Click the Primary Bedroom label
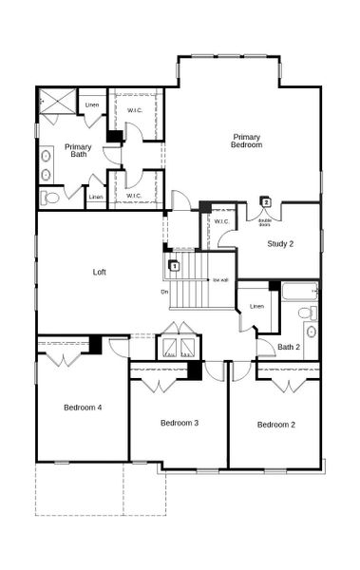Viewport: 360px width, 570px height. click(x=246, y=141)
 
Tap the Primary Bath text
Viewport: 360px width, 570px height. click(x=79, y=151)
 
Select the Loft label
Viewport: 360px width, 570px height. click(x=99, y=273)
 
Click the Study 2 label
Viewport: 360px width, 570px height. click(x=279, y=244)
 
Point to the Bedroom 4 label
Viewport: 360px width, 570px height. click(x=83, y=408)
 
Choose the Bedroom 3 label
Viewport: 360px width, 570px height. click(x=179, y=423)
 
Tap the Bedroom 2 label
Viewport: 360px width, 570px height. click(x=275, y=425)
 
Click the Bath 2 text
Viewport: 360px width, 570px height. click(x=289, y=347)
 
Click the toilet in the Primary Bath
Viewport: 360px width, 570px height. click(x=51, y=198)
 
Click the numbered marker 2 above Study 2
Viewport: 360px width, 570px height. click(x=267, y=202)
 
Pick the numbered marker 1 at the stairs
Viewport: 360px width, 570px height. click(x=175, y=266)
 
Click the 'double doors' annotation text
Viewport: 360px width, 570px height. click(x=265, y=220)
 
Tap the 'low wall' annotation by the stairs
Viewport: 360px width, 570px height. click(x=220, y=280)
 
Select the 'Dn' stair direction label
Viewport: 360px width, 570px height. click(x=165, y=292)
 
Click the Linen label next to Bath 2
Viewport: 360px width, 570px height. click(x=256, y=306)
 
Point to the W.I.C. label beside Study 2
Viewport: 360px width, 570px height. click(x=221, y=222)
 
